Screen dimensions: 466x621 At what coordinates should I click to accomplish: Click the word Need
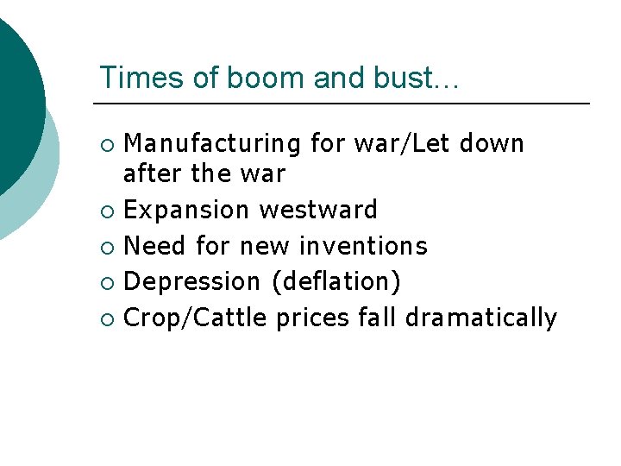click(x=156, y=246)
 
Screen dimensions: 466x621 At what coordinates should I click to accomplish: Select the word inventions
click(x=363, y=246)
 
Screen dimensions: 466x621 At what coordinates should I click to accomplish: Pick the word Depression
click(x=191, y=281)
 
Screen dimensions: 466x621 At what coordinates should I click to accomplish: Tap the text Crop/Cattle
click(x=197, y=318)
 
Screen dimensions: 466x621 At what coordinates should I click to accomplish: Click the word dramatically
click(x=481, y=318)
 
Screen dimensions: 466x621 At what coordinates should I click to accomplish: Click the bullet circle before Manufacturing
click(x=106, y=144)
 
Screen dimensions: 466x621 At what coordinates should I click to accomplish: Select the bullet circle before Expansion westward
click(x=106, y=211)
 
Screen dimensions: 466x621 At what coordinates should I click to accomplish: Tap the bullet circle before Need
click(x=106, y=247)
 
